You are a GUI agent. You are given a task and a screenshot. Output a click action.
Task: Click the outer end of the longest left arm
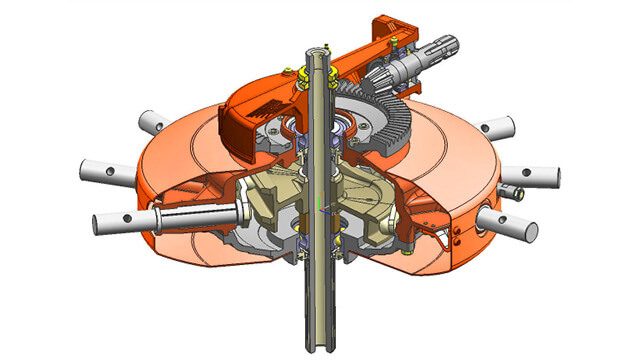pos(100,217)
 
